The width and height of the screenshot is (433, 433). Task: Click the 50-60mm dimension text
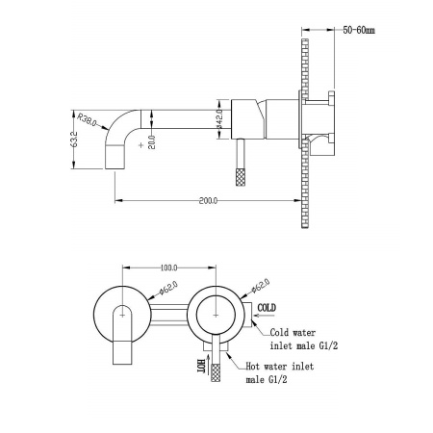pyautogui.click(x=359, y=30)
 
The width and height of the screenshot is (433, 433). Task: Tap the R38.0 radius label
pyautogui.click(x=87, y=119)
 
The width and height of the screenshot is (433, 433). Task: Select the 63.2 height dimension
pyautogui.click(x=74, y=140)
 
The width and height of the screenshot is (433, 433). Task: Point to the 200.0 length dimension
pyautogui.click(x=208, y=201)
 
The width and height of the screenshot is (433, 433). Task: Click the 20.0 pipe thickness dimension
pyautogui.click(x=152, y=142)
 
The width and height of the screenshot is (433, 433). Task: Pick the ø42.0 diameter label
pyautogui.click(x=219, y=118)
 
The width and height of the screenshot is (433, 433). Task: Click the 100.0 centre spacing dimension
pyautogui.click(x=168, y=267)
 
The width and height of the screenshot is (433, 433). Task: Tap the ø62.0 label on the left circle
pyautogui.click(x=168, y=288)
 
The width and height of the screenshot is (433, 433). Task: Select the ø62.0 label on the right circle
pyautogui.click(x=260, y=286)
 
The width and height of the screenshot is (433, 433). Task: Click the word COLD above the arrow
pyautogui.click(x=267, y=308)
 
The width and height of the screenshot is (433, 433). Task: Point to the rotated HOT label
pyautogui.click(x=201, y=366)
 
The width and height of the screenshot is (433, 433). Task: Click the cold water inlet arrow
pyautogui.click(x=264, y=316)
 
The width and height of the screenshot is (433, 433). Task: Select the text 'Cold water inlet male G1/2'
pyautogui.click(x=304, y=339)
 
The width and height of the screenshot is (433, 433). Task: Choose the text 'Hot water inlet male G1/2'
pyautogui.click(x=280, y=372)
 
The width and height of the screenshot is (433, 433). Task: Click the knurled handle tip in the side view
pyautogui.click(x=241, y=176)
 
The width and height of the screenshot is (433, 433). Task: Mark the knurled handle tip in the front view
pyautogui.click(x=216, y=372)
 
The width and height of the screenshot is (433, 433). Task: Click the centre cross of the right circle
pyautogui.click(x=216, y=316)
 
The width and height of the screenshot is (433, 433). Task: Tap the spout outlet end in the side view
pyautogui.click(x=115, y=168)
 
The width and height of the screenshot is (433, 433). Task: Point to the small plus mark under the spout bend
pyautogui.click(x=140, y=145)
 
